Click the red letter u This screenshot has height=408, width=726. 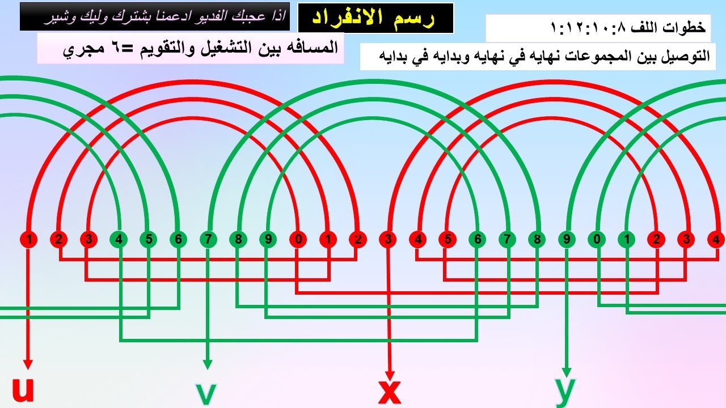pyautogui.click(x=23, y=389)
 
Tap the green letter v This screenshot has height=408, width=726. pyautogui.click(x=206, y=394)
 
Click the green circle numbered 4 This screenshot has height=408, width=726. pyautogui.click(x=119, y=240)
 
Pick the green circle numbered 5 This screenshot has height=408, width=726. pyautogui.click(x=149, y=240)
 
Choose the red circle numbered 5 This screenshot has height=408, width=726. pyautogui.click(x=448, y=240)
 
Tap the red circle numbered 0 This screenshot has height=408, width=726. pyautogui.click(x=298, y=240)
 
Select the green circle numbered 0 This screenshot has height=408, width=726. pyautogui.click(x=597, y=240)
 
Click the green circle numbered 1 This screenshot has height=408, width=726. pyautogui.click(x=627, y=240)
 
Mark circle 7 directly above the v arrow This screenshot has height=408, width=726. pyautogui.click(x=208, y=240)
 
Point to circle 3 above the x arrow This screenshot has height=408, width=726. pyautogui.click(x=388, y=240)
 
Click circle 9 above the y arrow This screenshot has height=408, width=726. pyautogui.click(x=567, y=240)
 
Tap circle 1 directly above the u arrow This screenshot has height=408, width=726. pyautogui.click(x=29, y=240)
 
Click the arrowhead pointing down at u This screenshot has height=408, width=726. pyautogui.click(x=28, y=364)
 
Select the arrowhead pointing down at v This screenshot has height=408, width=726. pyautogui.click(x=208, y=364)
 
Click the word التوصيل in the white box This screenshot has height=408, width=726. pyautogui.click(x=688, y=56)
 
